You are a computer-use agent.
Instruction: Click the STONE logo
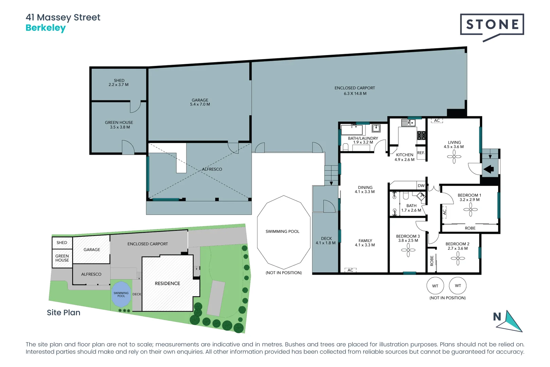pyautogui.click(x=492, y=25)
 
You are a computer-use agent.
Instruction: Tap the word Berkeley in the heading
pyautogui.click(x=45, y=28)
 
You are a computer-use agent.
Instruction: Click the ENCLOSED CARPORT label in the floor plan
pyautogui.click(x=354, y=88)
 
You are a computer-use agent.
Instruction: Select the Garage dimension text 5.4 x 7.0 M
pyautogui.click(x=200, y=105)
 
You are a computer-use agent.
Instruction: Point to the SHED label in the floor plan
pyautogui.click(x=119, y=81)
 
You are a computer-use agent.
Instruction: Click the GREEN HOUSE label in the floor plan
pyautogui.click(x=119, y=122)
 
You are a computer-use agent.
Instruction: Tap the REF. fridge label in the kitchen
pyautogui.click(x=421, y=153)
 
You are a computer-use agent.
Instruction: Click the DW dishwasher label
pyautogui.click(x=421, y=186)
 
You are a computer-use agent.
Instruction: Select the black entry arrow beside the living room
pyautogui.click(x=489, y=169)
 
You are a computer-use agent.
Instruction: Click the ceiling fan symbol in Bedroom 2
pyautogui.click(x=458, y=259)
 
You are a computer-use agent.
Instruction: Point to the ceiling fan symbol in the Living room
pyautogui.click(x=454, y=157)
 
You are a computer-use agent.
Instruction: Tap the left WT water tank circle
pyautogui.click(x=435, y=286)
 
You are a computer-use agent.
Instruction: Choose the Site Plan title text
pyautogui.click(x=63, y=313)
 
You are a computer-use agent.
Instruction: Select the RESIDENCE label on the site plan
pyautogui.click(x=167, y=283)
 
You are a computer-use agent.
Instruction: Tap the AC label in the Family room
pyautogui.click(x=350, y=270)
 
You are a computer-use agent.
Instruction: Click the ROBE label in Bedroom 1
pyautogui.click(x=470, y=228)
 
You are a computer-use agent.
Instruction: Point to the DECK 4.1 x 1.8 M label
pyautogui.click(x=326, y=241)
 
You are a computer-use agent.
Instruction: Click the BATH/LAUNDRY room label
pyautogui.click(x=363, y=138)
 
